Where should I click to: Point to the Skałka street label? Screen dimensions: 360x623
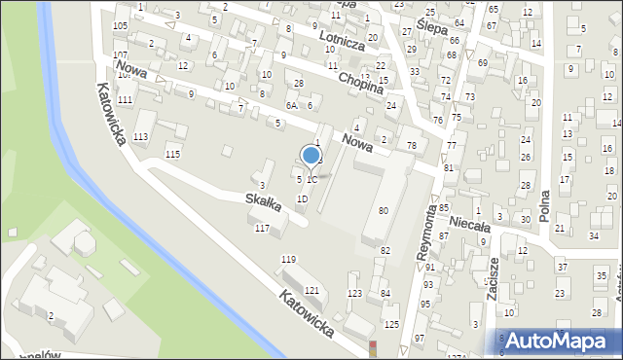click(x=263, y=203)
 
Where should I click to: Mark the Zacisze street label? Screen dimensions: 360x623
click(x=495, y=281)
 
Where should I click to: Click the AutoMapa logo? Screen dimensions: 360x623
click(x=557, y=340)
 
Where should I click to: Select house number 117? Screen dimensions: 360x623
click(x=261, y=228)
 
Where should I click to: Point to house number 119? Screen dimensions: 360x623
click(x=288, y=259)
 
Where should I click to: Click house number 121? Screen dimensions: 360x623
click(x=311, y=291)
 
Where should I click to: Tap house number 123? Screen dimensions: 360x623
click(x=354, y=293)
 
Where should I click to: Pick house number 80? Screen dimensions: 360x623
click(x=384, y=210)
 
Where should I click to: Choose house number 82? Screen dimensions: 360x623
click(x=385, y=251)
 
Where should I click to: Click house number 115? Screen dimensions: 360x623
click(x=172, y=155)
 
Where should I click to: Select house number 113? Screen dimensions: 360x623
click(x=141, y=137)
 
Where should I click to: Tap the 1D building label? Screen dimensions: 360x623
click(x=302, y=198)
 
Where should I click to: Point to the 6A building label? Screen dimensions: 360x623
click(x=290, y=105)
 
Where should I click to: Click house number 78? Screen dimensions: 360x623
click(x=411, y=145)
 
